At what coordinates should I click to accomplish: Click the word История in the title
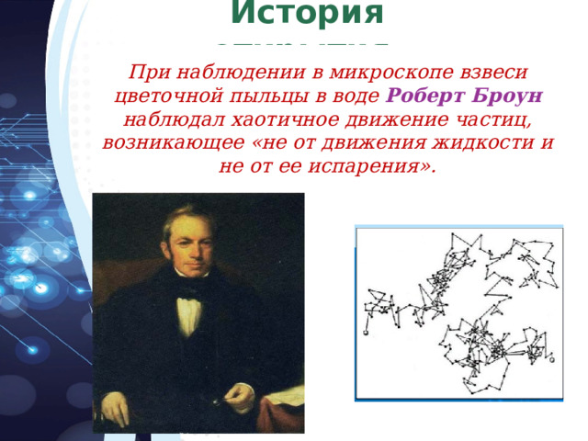[307, 14]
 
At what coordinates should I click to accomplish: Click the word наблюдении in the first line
[223, 72]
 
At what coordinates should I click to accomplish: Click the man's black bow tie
[190, 293]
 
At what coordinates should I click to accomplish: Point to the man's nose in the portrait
[187, 246]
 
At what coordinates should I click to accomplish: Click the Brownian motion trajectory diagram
[458, 312]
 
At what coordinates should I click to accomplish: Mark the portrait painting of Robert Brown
[198, 312]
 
